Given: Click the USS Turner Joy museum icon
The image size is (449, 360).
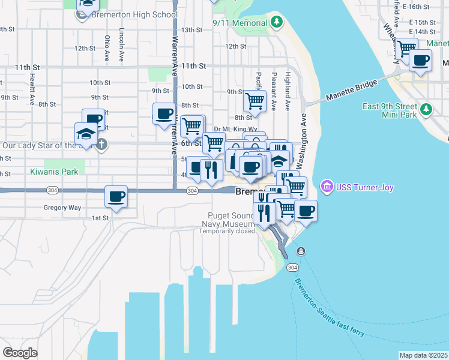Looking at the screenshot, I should pyautogui.click(x=327, y=187).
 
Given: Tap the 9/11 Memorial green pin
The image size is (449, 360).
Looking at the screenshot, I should pyautogui.click(x=276, y=23).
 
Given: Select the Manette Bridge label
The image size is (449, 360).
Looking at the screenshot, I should pyautogui.click(x=352, y=89).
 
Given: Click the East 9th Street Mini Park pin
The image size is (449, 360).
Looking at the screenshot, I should pyautogui.click(x=426, y=109).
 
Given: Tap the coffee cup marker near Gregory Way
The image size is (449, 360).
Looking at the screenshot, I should pyautogui.click(x=116, y=196).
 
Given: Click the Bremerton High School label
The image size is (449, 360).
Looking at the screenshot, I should pyautogui.click(x=133, y=14).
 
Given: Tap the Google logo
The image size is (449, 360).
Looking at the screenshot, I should pyautogui.click(x=20, y=353).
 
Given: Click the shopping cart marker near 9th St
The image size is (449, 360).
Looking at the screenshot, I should pyautogui.click(x=255, y=100).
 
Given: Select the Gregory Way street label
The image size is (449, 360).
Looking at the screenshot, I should pyautogui.click(x=62, y=208).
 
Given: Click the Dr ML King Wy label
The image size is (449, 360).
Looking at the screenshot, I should pyautogui.click(x=235, y=128).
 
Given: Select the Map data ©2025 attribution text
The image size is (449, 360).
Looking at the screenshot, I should pyautogui.click(x=423, y=355).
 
